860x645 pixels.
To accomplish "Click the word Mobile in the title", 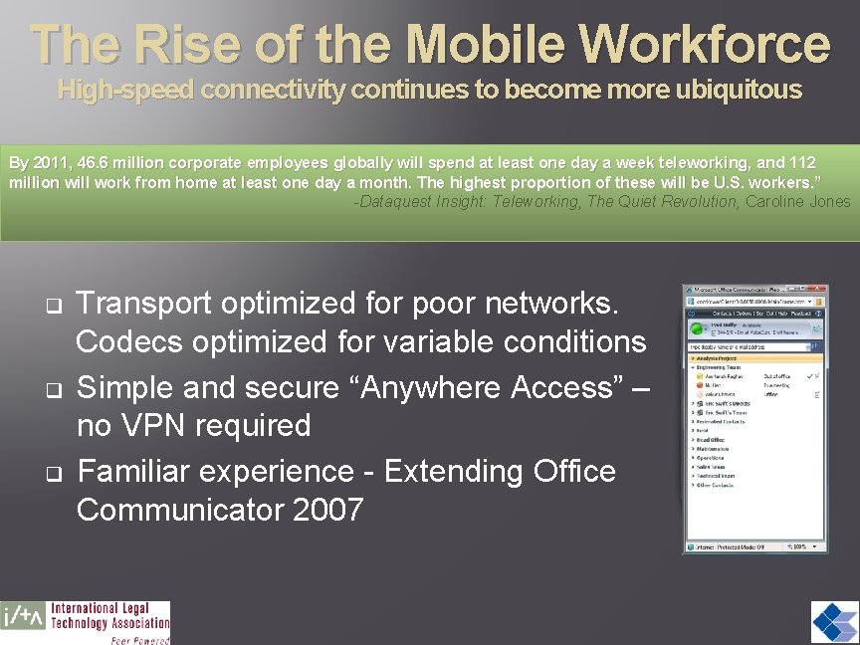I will [x=486, y=44].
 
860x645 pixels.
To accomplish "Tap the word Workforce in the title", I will [x=705, y=44].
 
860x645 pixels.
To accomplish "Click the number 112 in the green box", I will [x=799, y=162].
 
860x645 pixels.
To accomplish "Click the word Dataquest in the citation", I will [x=397, y=201].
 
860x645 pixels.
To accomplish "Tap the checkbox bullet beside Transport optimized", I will [x=53, y=302].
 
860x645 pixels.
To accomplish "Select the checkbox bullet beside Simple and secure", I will [x=53, y=386].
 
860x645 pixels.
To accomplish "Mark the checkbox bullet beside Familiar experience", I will [x=53, y=471].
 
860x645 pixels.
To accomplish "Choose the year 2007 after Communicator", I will [x=328, y=511].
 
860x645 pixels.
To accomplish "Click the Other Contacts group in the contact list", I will [x=719, y=486].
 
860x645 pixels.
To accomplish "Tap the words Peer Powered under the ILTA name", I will [x=138, y=640].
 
